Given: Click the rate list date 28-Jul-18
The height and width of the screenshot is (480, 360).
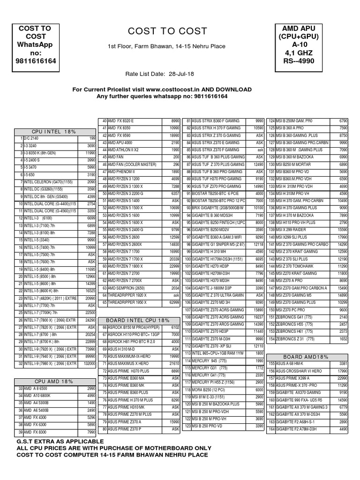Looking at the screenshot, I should tap(181, 74).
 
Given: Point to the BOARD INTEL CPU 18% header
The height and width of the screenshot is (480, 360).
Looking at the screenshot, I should tap(138, 320).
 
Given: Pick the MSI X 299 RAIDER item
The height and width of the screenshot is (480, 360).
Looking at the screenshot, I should tap(293, 230).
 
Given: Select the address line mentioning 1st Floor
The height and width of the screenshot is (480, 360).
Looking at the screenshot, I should tap(166, 46).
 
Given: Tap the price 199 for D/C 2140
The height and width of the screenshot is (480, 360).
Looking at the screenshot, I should tap(92, 139).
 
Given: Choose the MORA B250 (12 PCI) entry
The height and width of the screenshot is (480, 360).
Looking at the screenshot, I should tap(211, 390).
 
